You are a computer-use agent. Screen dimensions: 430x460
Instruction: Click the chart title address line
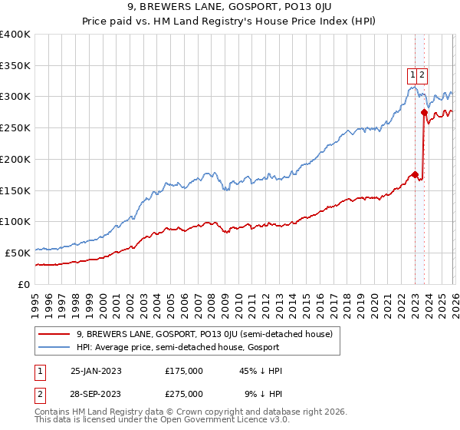(x=230, y=9)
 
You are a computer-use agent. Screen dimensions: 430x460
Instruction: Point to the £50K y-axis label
(x=18, y=252)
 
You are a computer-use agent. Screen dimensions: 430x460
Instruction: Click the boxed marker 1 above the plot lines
(x=412, y=74)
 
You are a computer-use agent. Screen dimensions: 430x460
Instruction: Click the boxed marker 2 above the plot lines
(x=422, y=74)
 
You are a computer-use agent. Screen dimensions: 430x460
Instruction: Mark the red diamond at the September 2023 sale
(x=424, y=112)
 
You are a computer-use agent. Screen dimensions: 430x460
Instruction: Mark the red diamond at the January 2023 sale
(x=415, y=174)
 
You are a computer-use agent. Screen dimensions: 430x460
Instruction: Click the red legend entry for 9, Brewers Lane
(x=204, y=334)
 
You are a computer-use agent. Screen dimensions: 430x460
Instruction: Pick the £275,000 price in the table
(x=183, y=394)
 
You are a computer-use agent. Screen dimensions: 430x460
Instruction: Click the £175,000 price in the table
(x=183, y=371)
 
